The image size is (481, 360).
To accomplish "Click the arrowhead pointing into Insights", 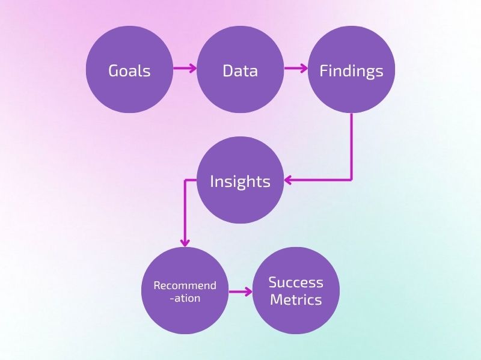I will click(x=289, y=180).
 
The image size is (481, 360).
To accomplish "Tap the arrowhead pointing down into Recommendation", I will click(x=185, y=242).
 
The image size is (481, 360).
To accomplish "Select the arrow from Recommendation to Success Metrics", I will click(x=240, y=293).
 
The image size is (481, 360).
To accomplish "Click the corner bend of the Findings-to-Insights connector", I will click(x=351, y=180).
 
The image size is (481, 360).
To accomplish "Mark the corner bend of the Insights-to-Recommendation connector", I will click(x=185, y=180).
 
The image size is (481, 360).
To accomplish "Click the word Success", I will click(x=296, y=282).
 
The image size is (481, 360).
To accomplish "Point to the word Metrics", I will click(x=296, y=299).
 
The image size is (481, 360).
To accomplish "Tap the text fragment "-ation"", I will click(x=185, y=298).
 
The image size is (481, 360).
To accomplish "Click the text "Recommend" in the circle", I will click(x=185, y=285).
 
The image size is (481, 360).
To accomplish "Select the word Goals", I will click(x=129, y=71).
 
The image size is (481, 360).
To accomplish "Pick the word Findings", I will click(x=351, y=72).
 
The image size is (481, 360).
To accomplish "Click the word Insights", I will click(x=240, y=182).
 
